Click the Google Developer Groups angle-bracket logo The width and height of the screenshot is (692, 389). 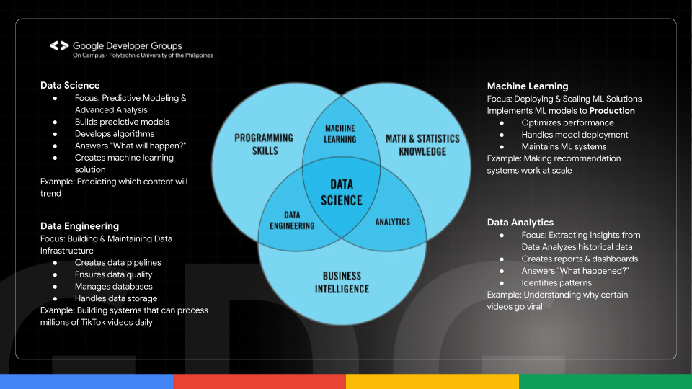[59, 46]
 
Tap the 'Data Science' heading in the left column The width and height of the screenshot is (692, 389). [70, 86]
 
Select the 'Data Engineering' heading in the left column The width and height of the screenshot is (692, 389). [79, 226]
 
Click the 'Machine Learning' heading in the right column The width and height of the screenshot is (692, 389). [528, 86]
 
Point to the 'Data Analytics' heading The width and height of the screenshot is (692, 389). [520, 223]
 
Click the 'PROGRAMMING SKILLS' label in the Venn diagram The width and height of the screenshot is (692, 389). [264, 144]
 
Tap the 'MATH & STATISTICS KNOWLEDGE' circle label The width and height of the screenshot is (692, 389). [422, 145]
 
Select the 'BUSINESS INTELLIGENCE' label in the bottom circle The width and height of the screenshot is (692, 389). [342, 282]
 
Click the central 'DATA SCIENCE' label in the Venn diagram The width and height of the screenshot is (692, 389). [342, 193]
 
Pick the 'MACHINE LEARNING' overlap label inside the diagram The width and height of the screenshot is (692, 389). [340, 133]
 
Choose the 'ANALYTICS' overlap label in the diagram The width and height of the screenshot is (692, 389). [392, 222]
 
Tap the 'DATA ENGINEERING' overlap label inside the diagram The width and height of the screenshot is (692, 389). [292, 220]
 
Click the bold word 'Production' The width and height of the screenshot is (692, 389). [612, 111]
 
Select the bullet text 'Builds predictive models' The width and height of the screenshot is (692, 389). [122, 122]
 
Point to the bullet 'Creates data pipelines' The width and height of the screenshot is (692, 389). [118, 263]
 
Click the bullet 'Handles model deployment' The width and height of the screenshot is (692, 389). [575, 135]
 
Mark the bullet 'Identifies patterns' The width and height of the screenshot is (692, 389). [556, 282]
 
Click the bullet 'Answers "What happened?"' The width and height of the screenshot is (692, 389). [575, 270]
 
